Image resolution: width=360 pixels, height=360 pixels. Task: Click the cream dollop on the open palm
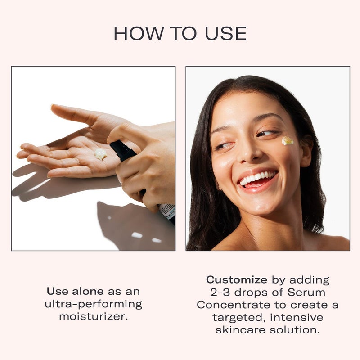100,154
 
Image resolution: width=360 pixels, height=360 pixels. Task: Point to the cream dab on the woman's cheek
288,141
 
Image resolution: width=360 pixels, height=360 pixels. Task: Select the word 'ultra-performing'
94,304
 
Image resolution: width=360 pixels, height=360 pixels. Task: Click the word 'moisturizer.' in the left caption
94,316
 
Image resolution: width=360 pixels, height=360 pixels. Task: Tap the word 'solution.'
297,330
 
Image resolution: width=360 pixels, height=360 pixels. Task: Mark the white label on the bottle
167,210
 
